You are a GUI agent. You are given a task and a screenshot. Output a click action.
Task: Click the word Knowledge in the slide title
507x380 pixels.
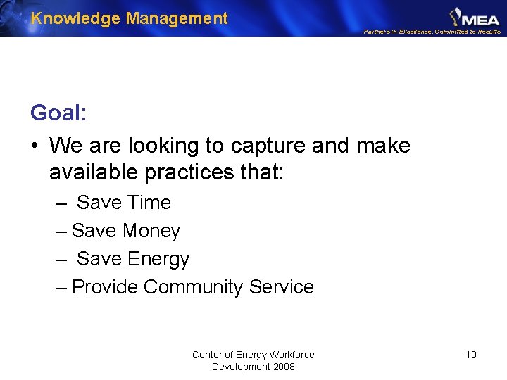click(76, 18)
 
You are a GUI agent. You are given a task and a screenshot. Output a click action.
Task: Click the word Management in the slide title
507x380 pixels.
click(177, 18)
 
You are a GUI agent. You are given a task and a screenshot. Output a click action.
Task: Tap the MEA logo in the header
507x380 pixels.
click(475, 15)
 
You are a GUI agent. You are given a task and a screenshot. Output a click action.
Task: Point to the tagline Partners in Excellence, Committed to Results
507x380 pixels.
click(432, 32)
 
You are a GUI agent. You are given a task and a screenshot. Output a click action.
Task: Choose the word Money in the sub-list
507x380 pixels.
click(151, 231)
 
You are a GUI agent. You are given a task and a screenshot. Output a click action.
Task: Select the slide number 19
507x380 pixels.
click(471, 355)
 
